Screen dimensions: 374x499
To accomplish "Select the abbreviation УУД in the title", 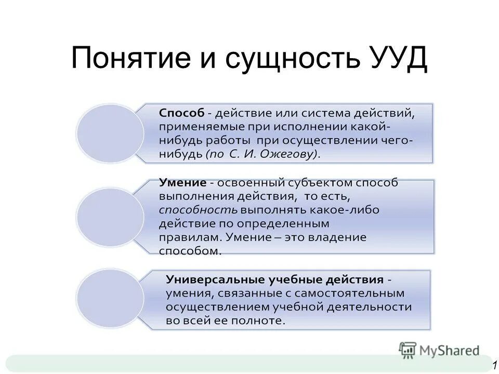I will pyautogui.click(x=398, y=59).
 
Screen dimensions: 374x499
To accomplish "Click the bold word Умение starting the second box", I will pyautogui.click(x=182, y=183).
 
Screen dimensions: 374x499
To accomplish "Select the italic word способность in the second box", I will pyautogui.click(x=198, y=210).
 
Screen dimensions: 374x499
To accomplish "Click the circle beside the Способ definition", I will pyautogui.click(x=110, y=133).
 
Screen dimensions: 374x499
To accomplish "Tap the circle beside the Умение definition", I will pyautogui.click(x=110, y=217).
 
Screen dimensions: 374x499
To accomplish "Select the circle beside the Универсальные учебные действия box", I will pyautogui.click(x=110, y=299).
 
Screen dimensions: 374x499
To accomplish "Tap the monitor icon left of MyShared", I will pyautogui.click(x=408, y=350).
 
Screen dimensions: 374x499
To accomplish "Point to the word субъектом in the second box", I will pyautogui.click(x=323, y=183).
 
